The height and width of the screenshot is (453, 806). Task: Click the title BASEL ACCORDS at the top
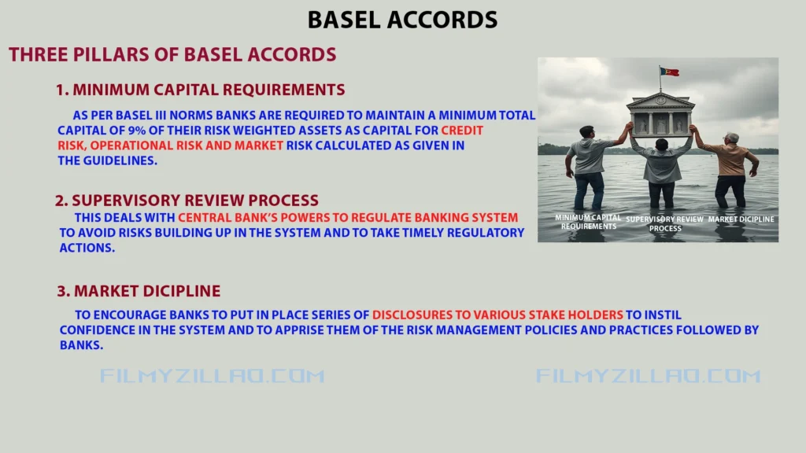(402, 19)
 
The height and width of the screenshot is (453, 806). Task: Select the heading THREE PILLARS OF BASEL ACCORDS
(172, 55)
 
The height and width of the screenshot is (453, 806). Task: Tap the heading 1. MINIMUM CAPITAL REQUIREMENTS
(201, 90)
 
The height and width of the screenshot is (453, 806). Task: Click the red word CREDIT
(462, 131)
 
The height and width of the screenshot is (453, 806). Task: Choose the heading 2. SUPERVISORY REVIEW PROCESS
(187, 201)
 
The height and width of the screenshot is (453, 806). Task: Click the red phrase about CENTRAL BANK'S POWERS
(348, 217)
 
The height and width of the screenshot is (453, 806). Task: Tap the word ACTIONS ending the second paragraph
(87, 248)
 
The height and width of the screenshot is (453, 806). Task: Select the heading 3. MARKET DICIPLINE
(139, 291)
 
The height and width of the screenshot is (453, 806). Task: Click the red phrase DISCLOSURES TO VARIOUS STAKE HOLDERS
(497, 315)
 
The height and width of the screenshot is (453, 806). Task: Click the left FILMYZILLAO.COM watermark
(213, 376)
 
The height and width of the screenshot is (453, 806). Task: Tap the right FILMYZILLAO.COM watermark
(649, 376)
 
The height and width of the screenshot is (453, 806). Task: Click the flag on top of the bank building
(669, 72)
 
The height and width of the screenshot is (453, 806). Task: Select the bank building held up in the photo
(660, 114)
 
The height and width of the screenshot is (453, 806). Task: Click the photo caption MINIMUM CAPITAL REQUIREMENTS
(588, 222)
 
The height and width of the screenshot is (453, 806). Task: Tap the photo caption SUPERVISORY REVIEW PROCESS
(665, 223)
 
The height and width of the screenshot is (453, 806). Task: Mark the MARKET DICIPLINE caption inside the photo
(741, 219)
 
